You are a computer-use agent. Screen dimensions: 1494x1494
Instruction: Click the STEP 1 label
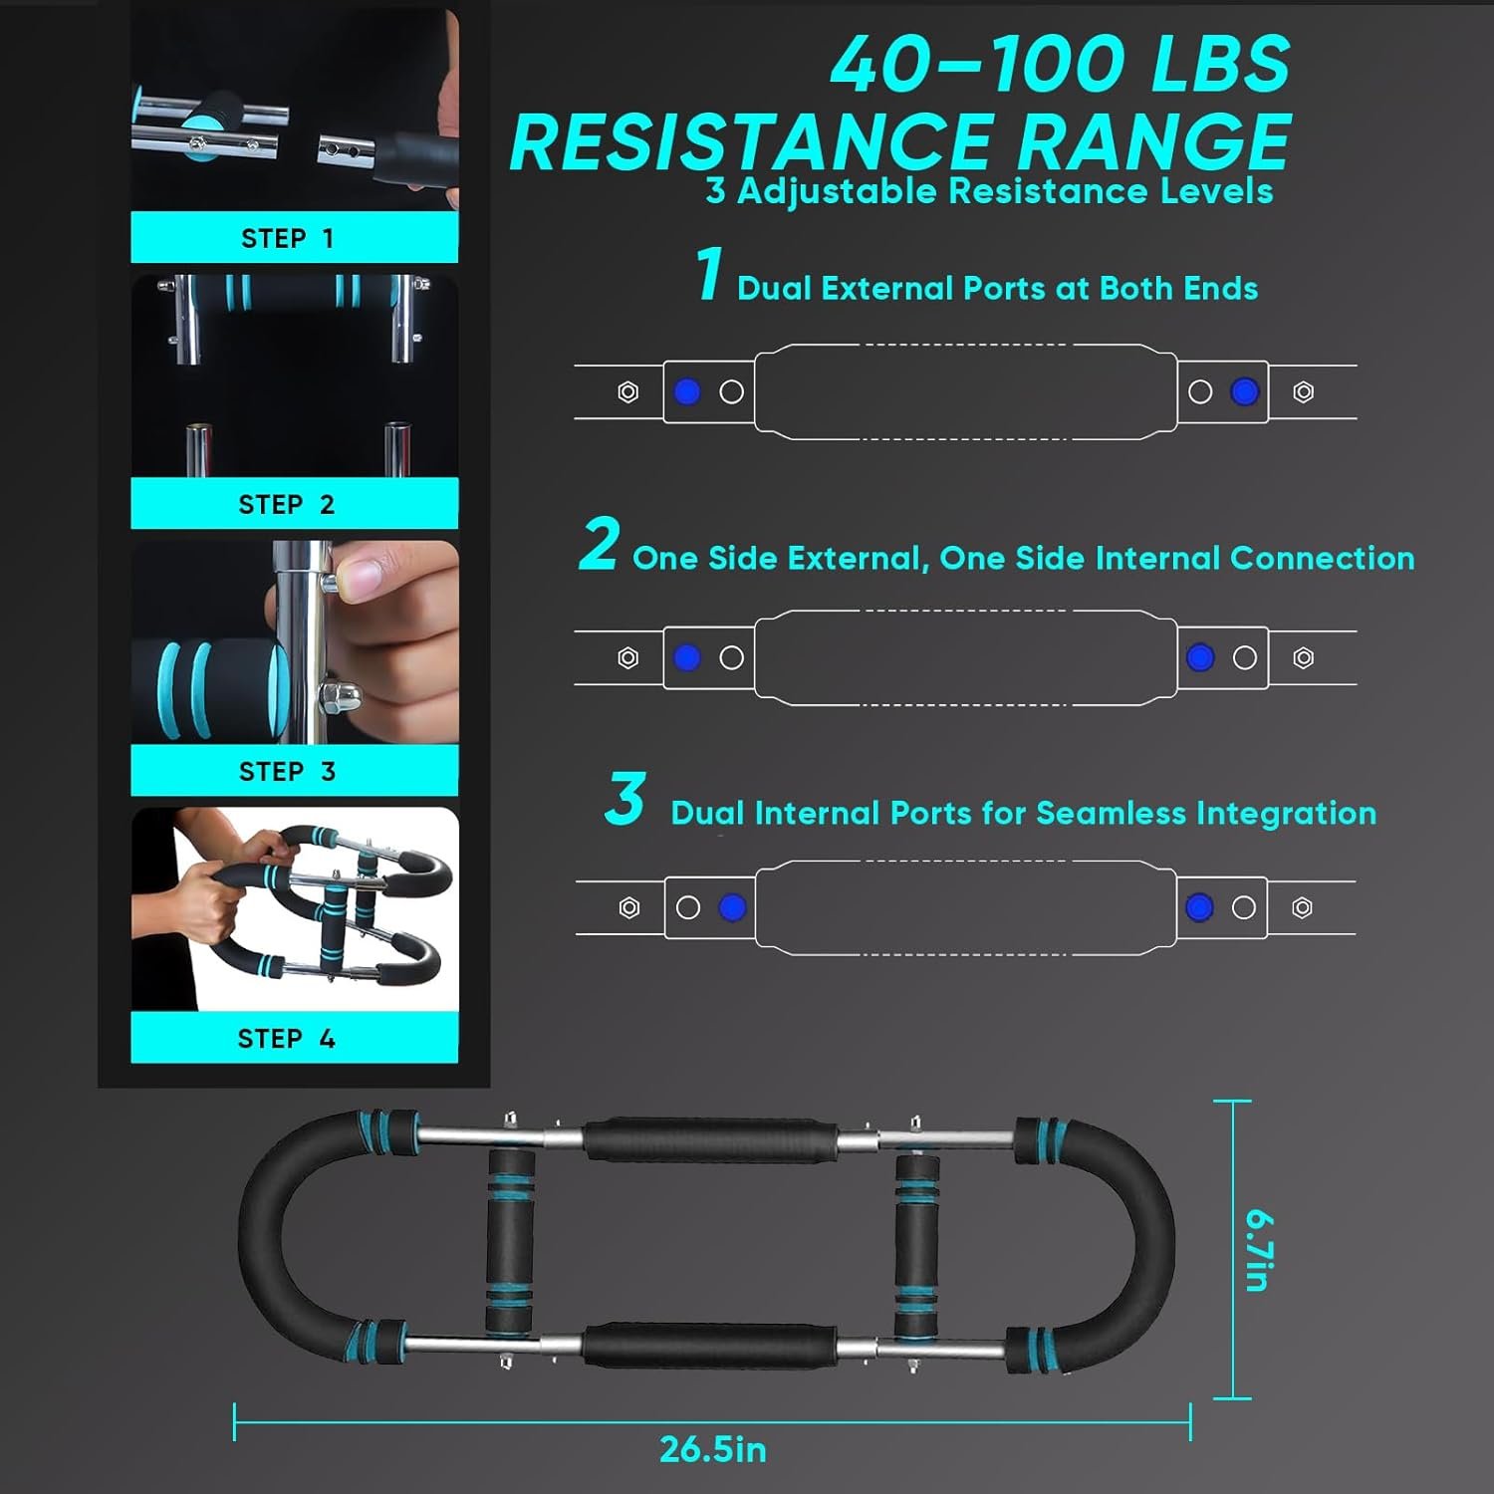pyautogui.click(x=287, y=239)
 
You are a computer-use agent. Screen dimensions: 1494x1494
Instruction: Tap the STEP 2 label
pyautogui.click(x=287, y=505)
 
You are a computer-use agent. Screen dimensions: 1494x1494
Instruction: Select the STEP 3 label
pyautogui.click(x=287, y=772)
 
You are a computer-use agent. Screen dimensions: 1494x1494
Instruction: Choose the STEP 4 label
pyautogui.click(x=287, y=1039)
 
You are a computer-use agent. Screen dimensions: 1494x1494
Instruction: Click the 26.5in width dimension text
pyautogui.click(x=713, y=1449)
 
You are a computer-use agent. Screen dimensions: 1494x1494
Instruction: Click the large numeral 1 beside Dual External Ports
pyautogui.click(x=709, y=273)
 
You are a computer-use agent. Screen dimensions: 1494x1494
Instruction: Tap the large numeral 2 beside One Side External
pyautogui.click(x=599, y=544)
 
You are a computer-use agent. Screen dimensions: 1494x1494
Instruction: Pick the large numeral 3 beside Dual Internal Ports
pyautogui.click(x=625, y=799)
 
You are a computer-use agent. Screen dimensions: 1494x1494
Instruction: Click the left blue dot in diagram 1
pyautogui.click(x=687, y=392)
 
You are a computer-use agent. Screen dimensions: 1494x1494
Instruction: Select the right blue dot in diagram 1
pyautogui.click(x=1244, y=392)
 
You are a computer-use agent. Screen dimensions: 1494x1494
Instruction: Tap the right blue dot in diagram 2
pyautogui.click(x=1200, y=657)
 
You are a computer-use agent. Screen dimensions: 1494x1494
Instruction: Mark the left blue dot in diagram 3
pyautogui.click(x=732, y=907)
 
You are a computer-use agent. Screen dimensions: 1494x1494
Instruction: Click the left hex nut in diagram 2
pyautogui.click(x=627, y=657)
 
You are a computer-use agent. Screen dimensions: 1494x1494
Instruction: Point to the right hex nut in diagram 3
pyautogui.click(x=1302, y=907)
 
